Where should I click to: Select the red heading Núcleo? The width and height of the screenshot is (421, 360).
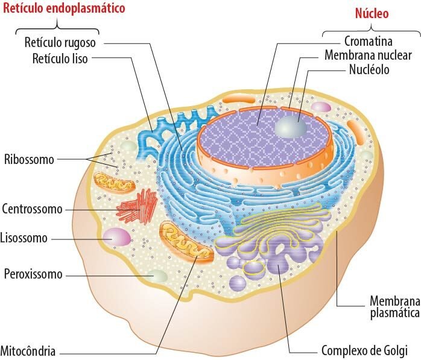click(372, 13)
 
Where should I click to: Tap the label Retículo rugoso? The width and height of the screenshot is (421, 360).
click(60, 43)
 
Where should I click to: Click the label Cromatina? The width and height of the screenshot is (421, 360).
click(368, 42)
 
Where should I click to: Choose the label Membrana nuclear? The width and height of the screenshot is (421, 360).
click(368, 55)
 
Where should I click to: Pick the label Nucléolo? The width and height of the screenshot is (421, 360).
click(369, 69)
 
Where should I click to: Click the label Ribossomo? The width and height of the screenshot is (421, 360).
click(29, 160)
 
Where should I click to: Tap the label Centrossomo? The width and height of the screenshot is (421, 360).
click(32, 209)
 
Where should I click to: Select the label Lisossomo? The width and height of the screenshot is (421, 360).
click(24, 238)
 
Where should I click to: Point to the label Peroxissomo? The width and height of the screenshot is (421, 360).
click(33, 274)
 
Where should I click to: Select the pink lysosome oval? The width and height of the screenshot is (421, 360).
click(116, 237)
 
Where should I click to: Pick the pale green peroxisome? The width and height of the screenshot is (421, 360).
click(159, 276)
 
